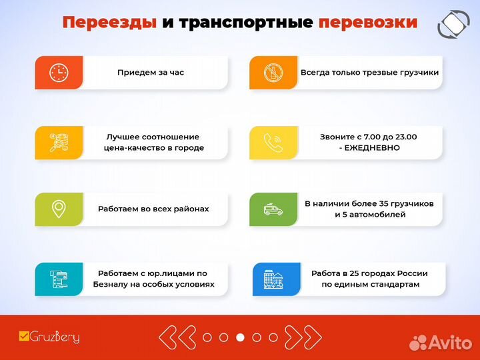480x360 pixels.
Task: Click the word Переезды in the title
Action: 109,22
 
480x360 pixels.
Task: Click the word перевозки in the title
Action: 367,22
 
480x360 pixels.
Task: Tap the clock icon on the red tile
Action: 59,73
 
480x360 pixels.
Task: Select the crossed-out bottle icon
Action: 273,73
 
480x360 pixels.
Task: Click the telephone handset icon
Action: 273,142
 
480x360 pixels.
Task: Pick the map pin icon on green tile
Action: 59,209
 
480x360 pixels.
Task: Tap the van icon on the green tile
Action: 273,209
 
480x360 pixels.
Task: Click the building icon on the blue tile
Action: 273,279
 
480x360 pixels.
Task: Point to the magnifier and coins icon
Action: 59,142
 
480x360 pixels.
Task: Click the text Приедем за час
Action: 151,73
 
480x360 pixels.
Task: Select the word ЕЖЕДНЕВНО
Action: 373,148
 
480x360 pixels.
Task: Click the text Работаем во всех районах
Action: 153,209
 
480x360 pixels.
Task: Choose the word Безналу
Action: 114,284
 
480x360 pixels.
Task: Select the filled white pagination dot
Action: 240,337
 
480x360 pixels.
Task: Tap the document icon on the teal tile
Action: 59,279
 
